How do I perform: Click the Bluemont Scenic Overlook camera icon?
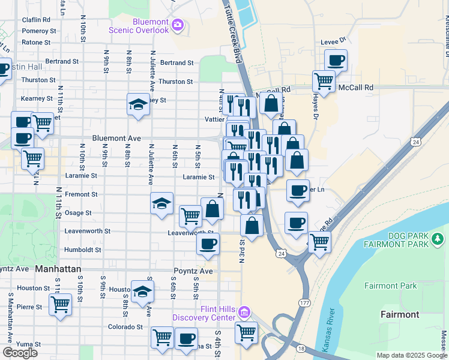tap(177, 25)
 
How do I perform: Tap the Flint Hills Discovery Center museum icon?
tap(244, 312)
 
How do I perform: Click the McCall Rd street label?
tap(355, 87)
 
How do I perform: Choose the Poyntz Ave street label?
tap(193, 271)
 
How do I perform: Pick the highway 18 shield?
tap(300, 348)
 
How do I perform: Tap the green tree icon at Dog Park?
tap(438, 239)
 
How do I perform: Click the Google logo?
tap(20, 352)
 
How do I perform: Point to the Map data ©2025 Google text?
tap(411, 355)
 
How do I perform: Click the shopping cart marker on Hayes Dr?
tap(324, 80)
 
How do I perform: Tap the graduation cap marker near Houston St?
tap(142, 292)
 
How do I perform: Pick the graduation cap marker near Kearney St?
tap(138, 104)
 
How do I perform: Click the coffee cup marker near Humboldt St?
tap(208, 244)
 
